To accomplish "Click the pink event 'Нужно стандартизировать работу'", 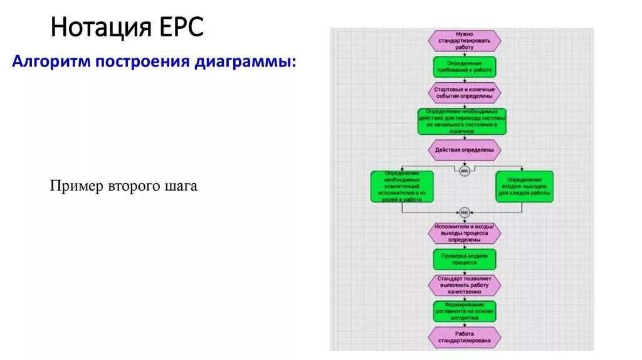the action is pyautogui.click(x=465, y=41).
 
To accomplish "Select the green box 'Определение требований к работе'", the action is pyautogui.click(x=465, y=67).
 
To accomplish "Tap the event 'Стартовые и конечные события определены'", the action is pyautogui.click(x=465, y=93).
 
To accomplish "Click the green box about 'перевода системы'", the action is pyautogui.click(x=462, y=122).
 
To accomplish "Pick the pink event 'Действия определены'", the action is pyautogui.click(x=465, y=150).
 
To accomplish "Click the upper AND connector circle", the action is pyautogui.click(x=465, y=171).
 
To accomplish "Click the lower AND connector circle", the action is pyautogui.click(x=465, y=213).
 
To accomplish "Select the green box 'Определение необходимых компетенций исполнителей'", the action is pyautogui.click(x=402, y=186).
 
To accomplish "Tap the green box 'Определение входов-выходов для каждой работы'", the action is pyautogui.click(x=525, y=186).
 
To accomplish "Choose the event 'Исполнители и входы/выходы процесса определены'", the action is pyautogui.click(x=465, y=233).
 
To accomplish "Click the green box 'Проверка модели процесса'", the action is pyautogui.click(x=465, y=260).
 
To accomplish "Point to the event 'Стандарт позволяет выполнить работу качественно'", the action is pyautogui.click(x=465, y=285).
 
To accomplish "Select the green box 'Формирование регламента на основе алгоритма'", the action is pyautogui.click(x=465, y=311).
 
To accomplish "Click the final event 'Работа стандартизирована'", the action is pyautogui.click(x=465, y=337).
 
